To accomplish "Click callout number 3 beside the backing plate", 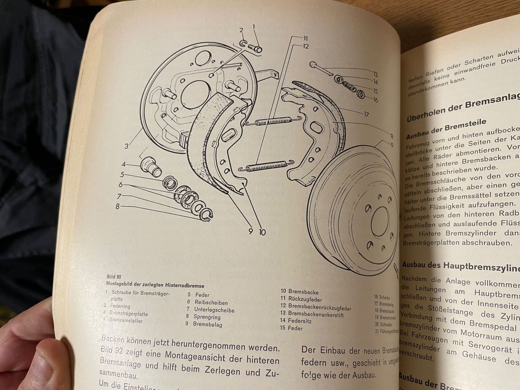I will tap(126, 146).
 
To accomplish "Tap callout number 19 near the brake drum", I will tap(391, 145).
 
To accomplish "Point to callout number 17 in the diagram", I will tap(366, 114).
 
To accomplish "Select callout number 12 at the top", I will tap(306, 46).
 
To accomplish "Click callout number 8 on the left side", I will tap(118, 207).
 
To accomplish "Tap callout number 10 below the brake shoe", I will tap(262, 232).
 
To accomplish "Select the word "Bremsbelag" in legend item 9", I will tap(207, 324).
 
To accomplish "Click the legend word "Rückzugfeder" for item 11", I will tap(305, 299).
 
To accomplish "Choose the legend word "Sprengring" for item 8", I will tap(207, 317).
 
